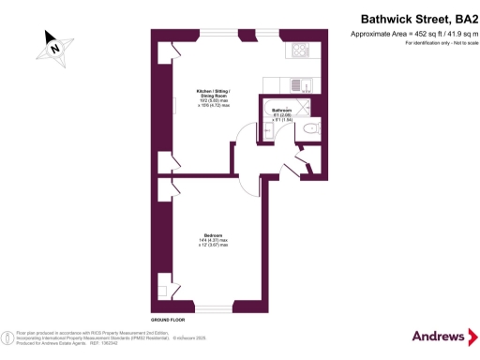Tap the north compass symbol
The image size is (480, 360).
click(x=54, y=46)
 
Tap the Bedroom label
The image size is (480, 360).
click(x=214, y=234)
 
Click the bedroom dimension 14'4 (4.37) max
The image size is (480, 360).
click(x=214, y=241)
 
